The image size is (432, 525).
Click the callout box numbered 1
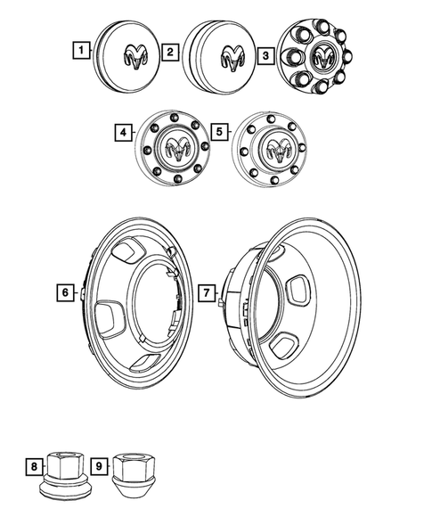point(81,51)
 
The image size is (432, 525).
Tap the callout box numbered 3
point(265,56)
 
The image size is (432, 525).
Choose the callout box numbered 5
point(218,133)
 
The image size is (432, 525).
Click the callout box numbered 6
point(65,291)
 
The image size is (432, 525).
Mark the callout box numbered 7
point(204,291)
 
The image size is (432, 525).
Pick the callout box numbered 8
point(33,464)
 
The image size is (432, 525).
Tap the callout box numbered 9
point(99,464)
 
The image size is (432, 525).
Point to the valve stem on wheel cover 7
point(218,303)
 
